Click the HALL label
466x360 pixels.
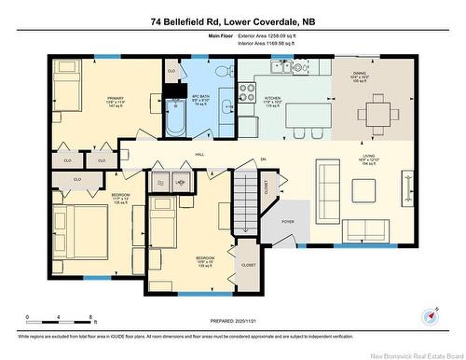[x=199, y=156]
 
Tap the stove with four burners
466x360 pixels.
[x=249, y=92]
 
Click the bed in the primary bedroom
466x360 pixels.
[x=70, y=92]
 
